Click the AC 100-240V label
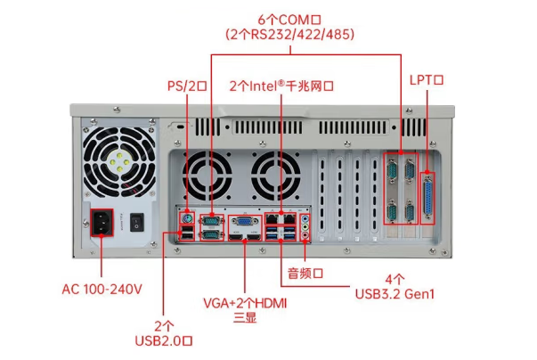[x=102, y=290]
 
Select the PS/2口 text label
[x=187, y=86]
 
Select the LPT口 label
[x=427, y=79]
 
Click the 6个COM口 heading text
[x=290, y=19]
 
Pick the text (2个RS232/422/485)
[x=290, y=35]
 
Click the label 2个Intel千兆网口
[x=281, y=86]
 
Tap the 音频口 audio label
[x=304, y=272]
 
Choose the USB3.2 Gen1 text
[x=395, y=294]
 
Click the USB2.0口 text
[x=164, y=340]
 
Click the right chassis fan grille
[x=278, y=172]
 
